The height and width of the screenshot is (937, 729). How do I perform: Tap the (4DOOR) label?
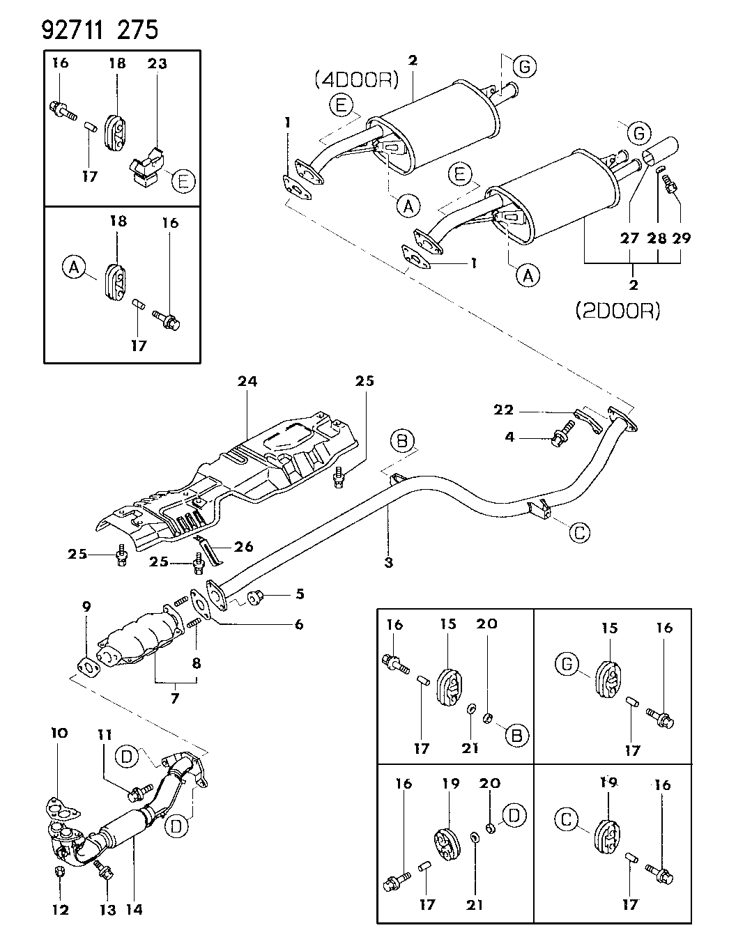coord(355,80)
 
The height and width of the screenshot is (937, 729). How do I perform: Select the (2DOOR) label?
coord(617,310)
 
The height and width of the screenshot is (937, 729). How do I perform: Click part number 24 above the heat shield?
coord(247,381)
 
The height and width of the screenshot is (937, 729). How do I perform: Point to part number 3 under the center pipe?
coord(388,562)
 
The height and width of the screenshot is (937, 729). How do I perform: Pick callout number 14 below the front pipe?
coord(134,909)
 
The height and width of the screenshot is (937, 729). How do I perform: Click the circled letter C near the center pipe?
coord(579,533)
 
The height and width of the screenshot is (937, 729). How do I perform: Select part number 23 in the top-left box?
coord(158,63)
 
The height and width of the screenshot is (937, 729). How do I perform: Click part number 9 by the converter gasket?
coord(86,607)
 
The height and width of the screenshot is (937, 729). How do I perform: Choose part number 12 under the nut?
coord(60,909)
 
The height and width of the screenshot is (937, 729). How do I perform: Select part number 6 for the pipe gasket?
coord(299,624)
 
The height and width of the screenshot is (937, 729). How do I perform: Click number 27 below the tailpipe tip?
coord(630,238)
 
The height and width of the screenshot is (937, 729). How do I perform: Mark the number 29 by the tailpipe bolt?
coord(682,238)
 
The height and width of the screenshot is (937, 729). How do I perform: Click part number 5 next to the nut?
coord(299,594)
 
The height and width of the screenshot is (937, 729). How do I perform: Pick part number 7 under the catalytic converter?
coord(174,696)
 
